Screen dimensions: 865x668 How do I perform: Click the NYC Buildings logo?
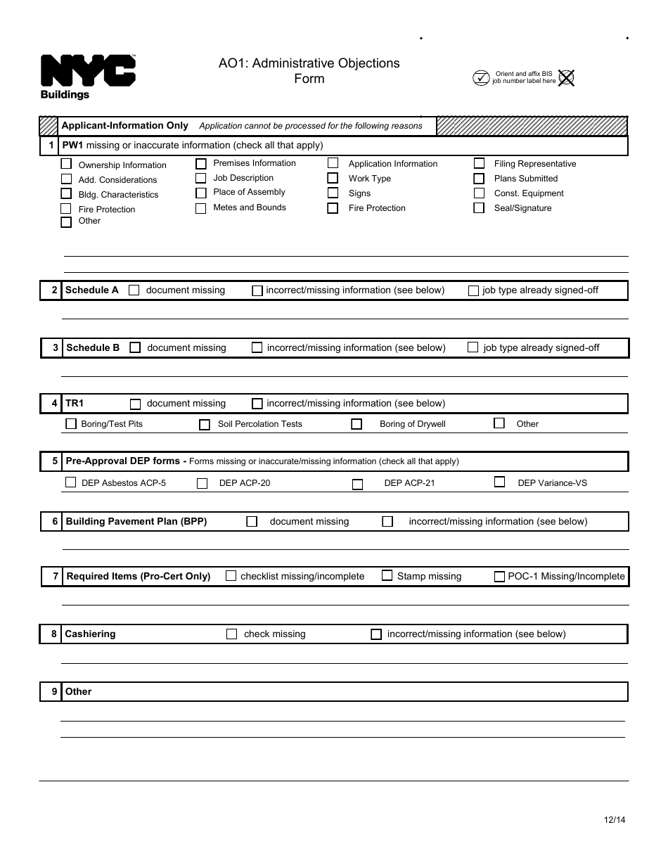click(87, 76)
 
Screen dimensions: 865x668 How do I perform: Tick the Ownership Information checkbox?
click(66, 164)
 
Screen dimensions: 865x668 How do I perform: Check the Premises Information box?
click(201, 164)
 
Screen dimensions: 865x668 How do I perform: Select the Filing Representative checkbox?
click(479, 163)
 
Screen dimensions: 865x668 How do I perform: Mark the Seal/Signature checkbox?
click(479, 207)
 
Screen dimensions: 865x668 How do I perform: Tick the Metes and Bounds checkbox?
click(201, 208)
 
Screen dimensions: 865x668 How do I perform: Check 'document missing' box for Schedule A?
click(134, 290)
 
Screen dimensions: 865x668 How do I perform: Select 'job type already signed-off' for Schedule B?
click(473, 347)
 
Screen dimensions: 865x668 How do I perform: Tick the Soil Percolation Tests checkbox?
click(205, 424)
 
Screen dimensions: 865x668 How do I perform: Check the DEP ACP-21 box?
click(357, 484)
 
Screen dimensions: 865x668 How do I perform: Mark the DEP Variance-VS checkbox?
click(499, 482)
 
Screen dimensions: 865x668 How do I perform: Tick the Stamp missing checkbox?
click(387, 575)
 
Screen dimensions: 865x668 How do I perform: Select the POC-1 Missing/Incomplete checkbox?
click(499, 576)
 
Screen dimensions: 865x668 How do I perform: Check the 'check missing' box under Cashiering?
click(231, 634)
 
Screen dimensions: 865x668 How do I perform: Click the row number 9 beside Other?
click(54, 691)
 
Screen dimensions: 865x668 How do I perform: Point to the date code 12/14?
click(614, 819)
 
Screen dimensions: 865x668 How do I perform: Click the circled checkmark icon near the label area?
click(481, 77)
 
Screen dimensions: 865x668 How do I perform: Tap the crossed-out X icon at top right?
click(566, 77)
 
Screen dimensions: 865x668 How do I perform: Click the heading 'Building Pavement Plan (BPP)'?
click(136, 521)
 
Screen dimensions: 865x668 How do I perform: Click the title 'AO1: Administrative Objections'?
click(309, 63)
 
